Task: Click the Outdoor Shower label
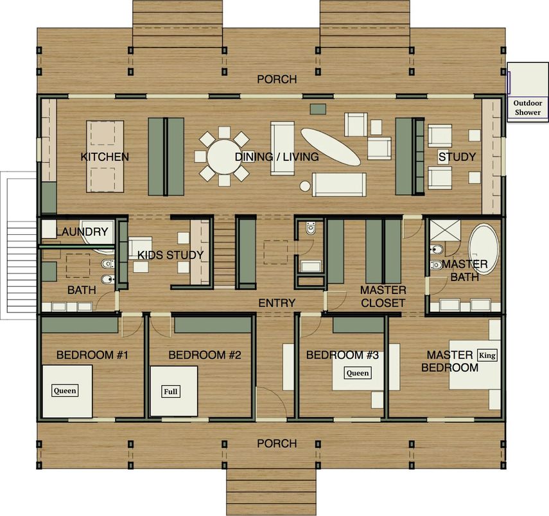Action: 527,107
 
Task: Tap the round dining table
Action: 223,157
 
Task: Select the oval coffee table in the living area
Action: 330,146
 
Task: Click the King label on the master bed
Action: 488,355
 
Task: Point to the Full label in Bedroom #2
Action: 171,390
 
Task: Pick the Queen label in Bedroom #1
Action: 65,390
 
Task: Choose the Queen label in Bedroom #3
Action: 358,373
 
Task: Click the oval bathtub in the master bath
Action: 483,248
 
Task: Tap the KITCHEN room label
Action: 105,157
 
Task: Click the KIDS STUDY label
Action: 170,255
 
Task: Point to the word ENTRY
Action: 277,303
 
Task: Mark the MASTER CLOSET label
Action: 383,296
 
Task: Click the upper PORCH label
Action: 277,80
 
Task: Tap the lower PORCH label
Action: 277,443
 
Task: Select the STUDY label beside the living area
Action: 457,157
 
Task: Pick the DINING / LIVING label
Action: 277,157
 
